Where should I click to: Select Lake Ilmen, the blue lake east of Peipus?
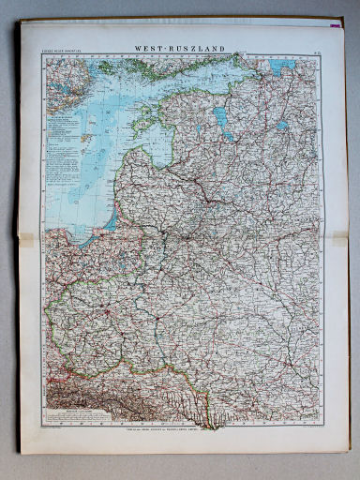282,125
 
